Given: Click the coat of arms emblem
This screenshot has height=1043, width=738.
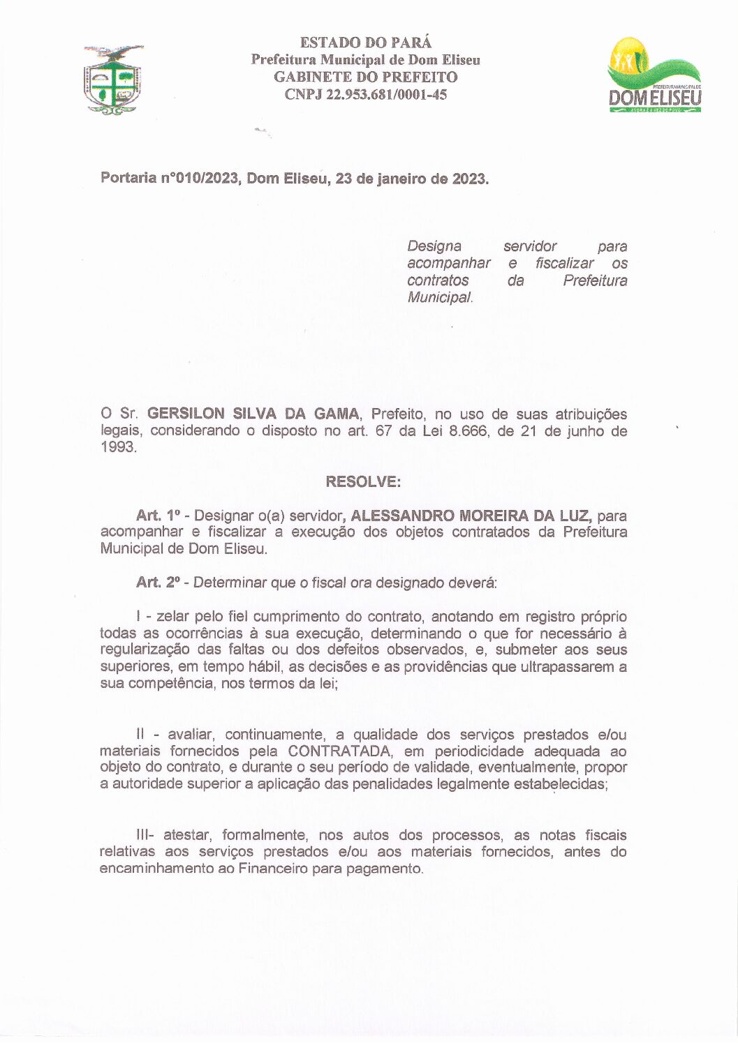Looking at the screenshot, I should tap(113, 79).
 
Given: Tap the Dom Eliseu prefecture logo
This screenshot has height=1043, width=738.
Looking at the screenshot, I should tap(654, 75).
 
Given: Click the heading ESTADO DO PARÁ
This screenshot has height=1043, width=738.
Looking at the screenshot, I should tap(365, 43).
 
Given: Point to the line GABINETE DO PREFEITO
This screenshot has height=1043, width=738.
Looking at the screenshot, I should tap(365, 77).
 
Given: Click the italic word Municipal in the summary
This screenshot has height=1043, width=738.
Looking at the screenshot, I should tap(439, 297).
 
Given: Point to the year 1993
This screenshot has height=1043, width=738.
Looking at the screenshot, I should tap(117, 447).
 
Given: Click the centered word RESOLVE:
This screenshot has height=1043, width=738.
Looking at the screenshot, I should tap(363, 482).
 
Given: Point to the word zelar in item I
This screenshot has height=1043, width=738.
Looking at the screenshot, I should tap(172, 617).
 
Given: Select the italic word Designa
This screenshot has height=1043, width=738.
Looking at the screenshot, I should tap(434, 246).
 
